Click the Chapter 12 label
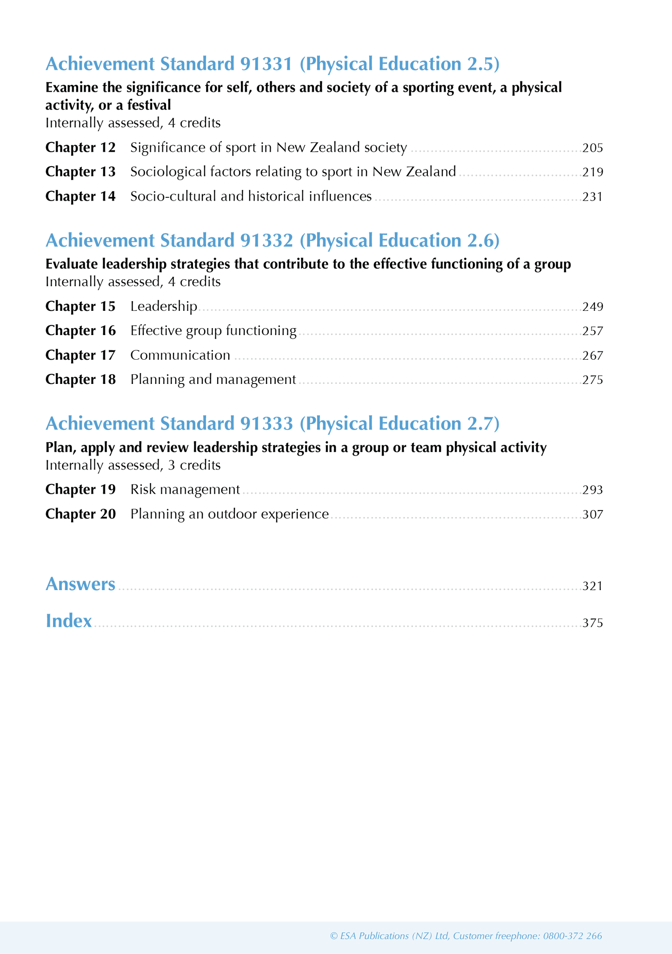click(80, 148)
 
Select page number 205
click(592, 148)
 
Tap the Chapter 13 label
click(80, 172)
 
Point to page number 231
click(592, 197)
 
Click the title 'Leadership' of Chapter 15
click(164, 306)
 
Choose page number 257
click(592, 331)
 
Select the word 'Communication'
click(180, 356)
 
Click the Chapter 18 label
click(80, 380)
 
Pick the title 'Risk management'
click(185, 490)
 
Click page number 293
click(592, 490)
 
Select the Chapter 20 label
click(80, 514)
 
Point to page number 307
click(592, 515)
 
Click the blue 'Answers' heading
click(80, 584)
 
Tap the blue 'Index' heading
click(69, 621)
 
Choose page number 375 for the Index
click(592, 623)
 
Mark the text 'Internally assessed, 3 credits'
click(133, 465)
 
